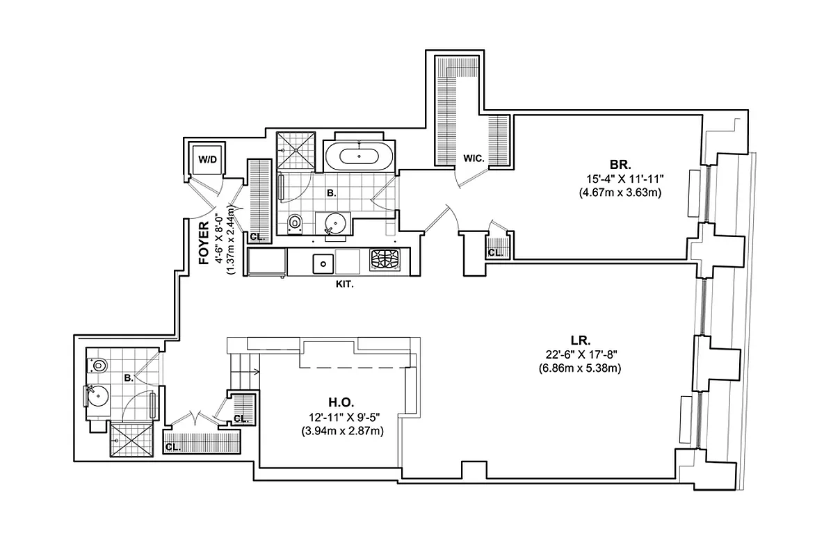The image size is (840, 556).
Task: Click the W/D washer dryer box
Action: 207,160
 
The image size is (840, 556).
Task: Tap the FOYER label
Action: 204,244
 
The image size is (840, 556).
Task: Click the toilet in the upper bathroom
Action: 295,223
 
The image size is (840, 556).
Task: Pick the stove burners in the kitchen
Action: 385,262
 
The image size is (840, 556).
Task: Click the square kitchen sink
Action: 323,263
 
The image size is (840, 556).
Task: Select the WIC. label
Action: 474,159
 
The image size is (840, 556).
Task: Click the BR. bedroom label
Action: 620,165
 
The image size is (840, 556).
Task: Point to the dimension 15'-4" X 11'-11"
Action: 620,179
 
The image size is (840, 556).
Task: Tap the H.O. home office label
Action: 341,402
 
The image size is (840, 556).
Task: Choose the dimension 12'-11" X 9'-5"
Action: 341,417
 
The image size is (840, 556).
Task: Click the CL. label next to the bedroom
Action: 495,253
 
